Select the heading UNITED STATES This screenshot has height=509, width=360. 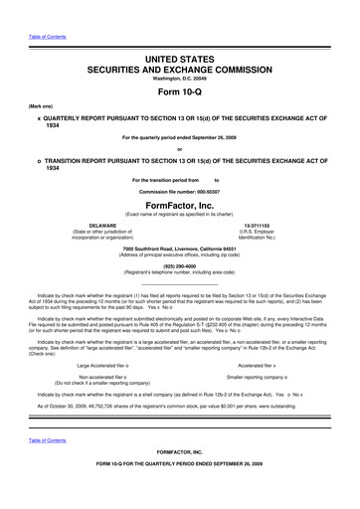tap(180, 61)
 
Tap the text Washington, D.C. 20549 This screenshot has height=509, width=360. tap(180, 83)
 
